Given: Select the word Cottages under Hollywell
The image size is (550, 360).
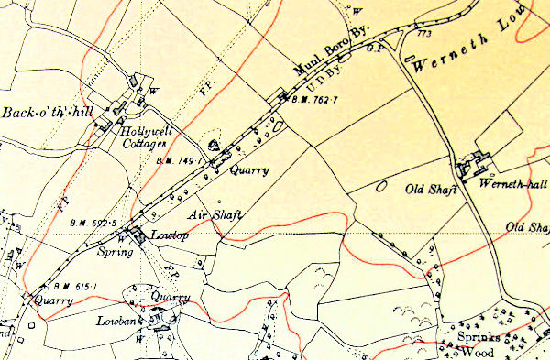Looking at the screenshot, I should pos(145,144).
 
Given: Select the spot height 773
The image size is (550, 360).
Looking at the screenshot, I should pos(423,34).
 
